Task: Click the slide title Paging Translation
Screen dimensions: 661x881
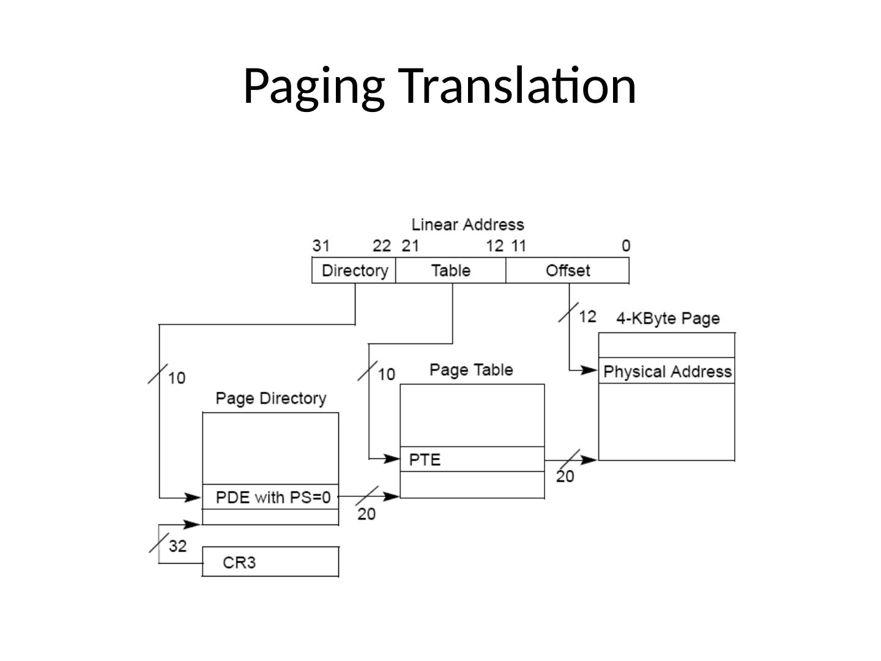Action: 439,86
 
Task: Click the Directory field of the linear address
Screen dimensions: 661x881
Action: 354,271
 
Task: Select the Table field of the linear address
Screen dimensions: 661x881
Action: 451,271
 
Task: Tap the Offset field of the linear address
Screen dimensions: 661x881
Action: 568,271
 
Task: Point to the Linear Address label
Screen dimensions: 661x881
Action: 467,225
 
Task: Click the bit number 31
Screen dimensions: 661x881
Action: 321,246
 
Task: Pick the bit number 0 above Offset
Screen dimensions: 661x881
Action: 626,246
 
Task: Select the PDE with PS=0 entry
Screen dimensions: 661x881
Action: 272,497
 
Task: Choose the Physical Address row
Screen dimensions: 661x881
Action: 667,372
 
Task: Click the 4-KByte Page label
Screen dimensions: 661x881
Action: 667,319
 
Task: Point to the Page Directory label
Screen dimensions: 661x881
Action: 271,399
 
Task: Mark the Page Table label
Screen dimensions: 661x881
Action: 471,370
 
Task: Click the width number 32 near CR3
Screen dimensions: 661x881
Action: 177,545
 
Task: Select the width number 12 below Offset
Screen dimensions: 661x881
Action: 587,316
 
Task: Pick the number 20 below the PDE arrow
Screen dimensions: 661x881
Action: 366,514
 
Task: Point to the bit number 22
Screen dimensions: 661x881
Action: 382,246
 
